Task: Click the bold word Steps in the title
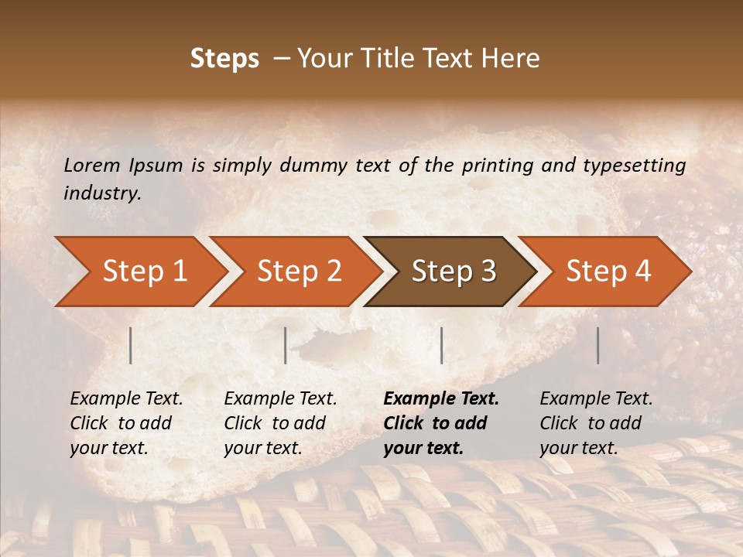tap(224, 59)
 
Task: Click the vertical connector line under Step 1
tap(131, 345)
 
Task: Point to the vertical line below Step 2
tap(286, 345)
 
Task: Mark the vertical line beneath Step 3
tap(441, 345)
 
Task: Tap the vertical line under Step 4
tap(597, 345)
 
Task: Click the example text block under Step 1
tap(125, 423)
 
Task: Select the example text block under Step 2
tap(279, 423)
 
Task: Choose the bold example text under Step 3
tap(440, 423)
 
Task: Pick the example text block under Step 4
tap(595, 423)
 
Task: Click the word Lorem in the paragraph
tap(91, 166)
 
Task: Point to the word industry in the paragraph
tap(101, 193)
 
